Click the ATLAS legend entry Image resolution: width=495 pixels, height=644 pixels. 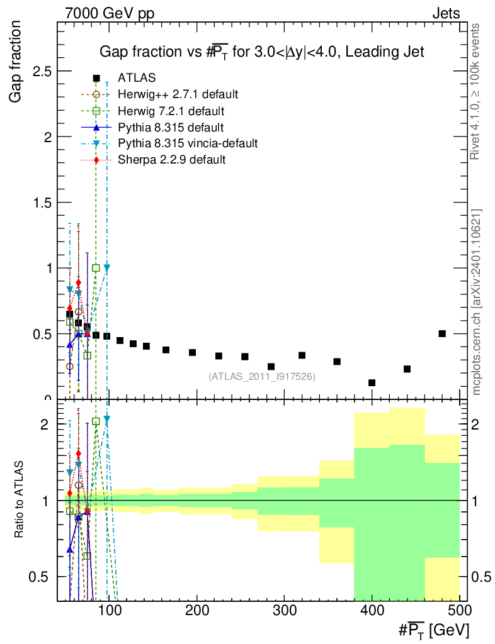pos(137,78)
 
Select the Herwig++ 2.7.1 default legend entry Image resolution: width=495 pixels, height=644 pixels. pos(178,94)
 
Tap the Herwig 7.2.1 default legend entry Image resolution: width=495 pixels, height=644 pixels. pos(171,111)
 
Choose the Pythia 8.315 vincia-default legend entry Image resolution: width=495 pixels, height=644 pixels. pos(188,144)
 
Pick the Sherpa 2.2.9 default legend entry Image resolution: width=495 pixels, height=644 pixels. pos(171,160)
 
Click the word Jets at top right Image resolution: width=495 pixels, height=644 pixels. pos(445,14)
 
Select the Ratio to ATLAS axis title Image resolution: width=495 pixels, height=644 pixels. pos(20,501)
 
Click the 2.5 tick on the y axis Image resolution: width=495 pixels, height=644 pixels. pos(43,71)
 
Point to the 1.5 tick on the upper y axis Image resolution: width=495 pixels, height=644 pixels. pos(43,203)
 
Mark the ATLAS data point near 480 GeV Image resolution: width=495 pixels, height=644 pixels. pos(442,333)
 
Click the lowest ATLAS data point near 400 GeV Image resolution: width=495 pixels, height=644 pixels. pos(372,382)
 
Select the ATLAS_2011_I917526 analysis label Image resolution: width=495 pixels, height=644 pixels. pos(261,376)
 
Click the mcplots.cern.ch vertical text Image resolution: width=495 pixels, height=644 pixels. pos(477,302)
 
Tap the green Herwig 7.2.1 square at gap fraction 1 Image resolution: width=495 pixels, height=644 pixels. pos(96,268)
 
